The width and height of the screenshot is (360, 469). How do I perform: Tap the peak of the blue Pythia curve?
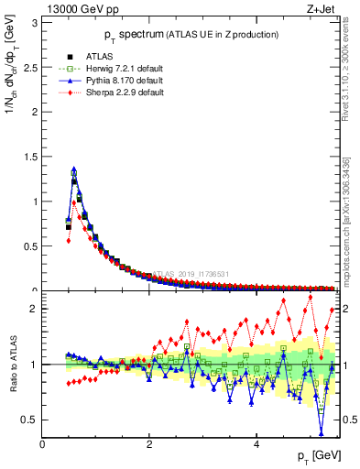pyautogui.click(x=73, y=169)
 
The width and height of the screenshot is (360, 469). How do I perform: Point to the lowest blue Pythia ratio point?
pyautogui.click(x=321, y=432)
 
